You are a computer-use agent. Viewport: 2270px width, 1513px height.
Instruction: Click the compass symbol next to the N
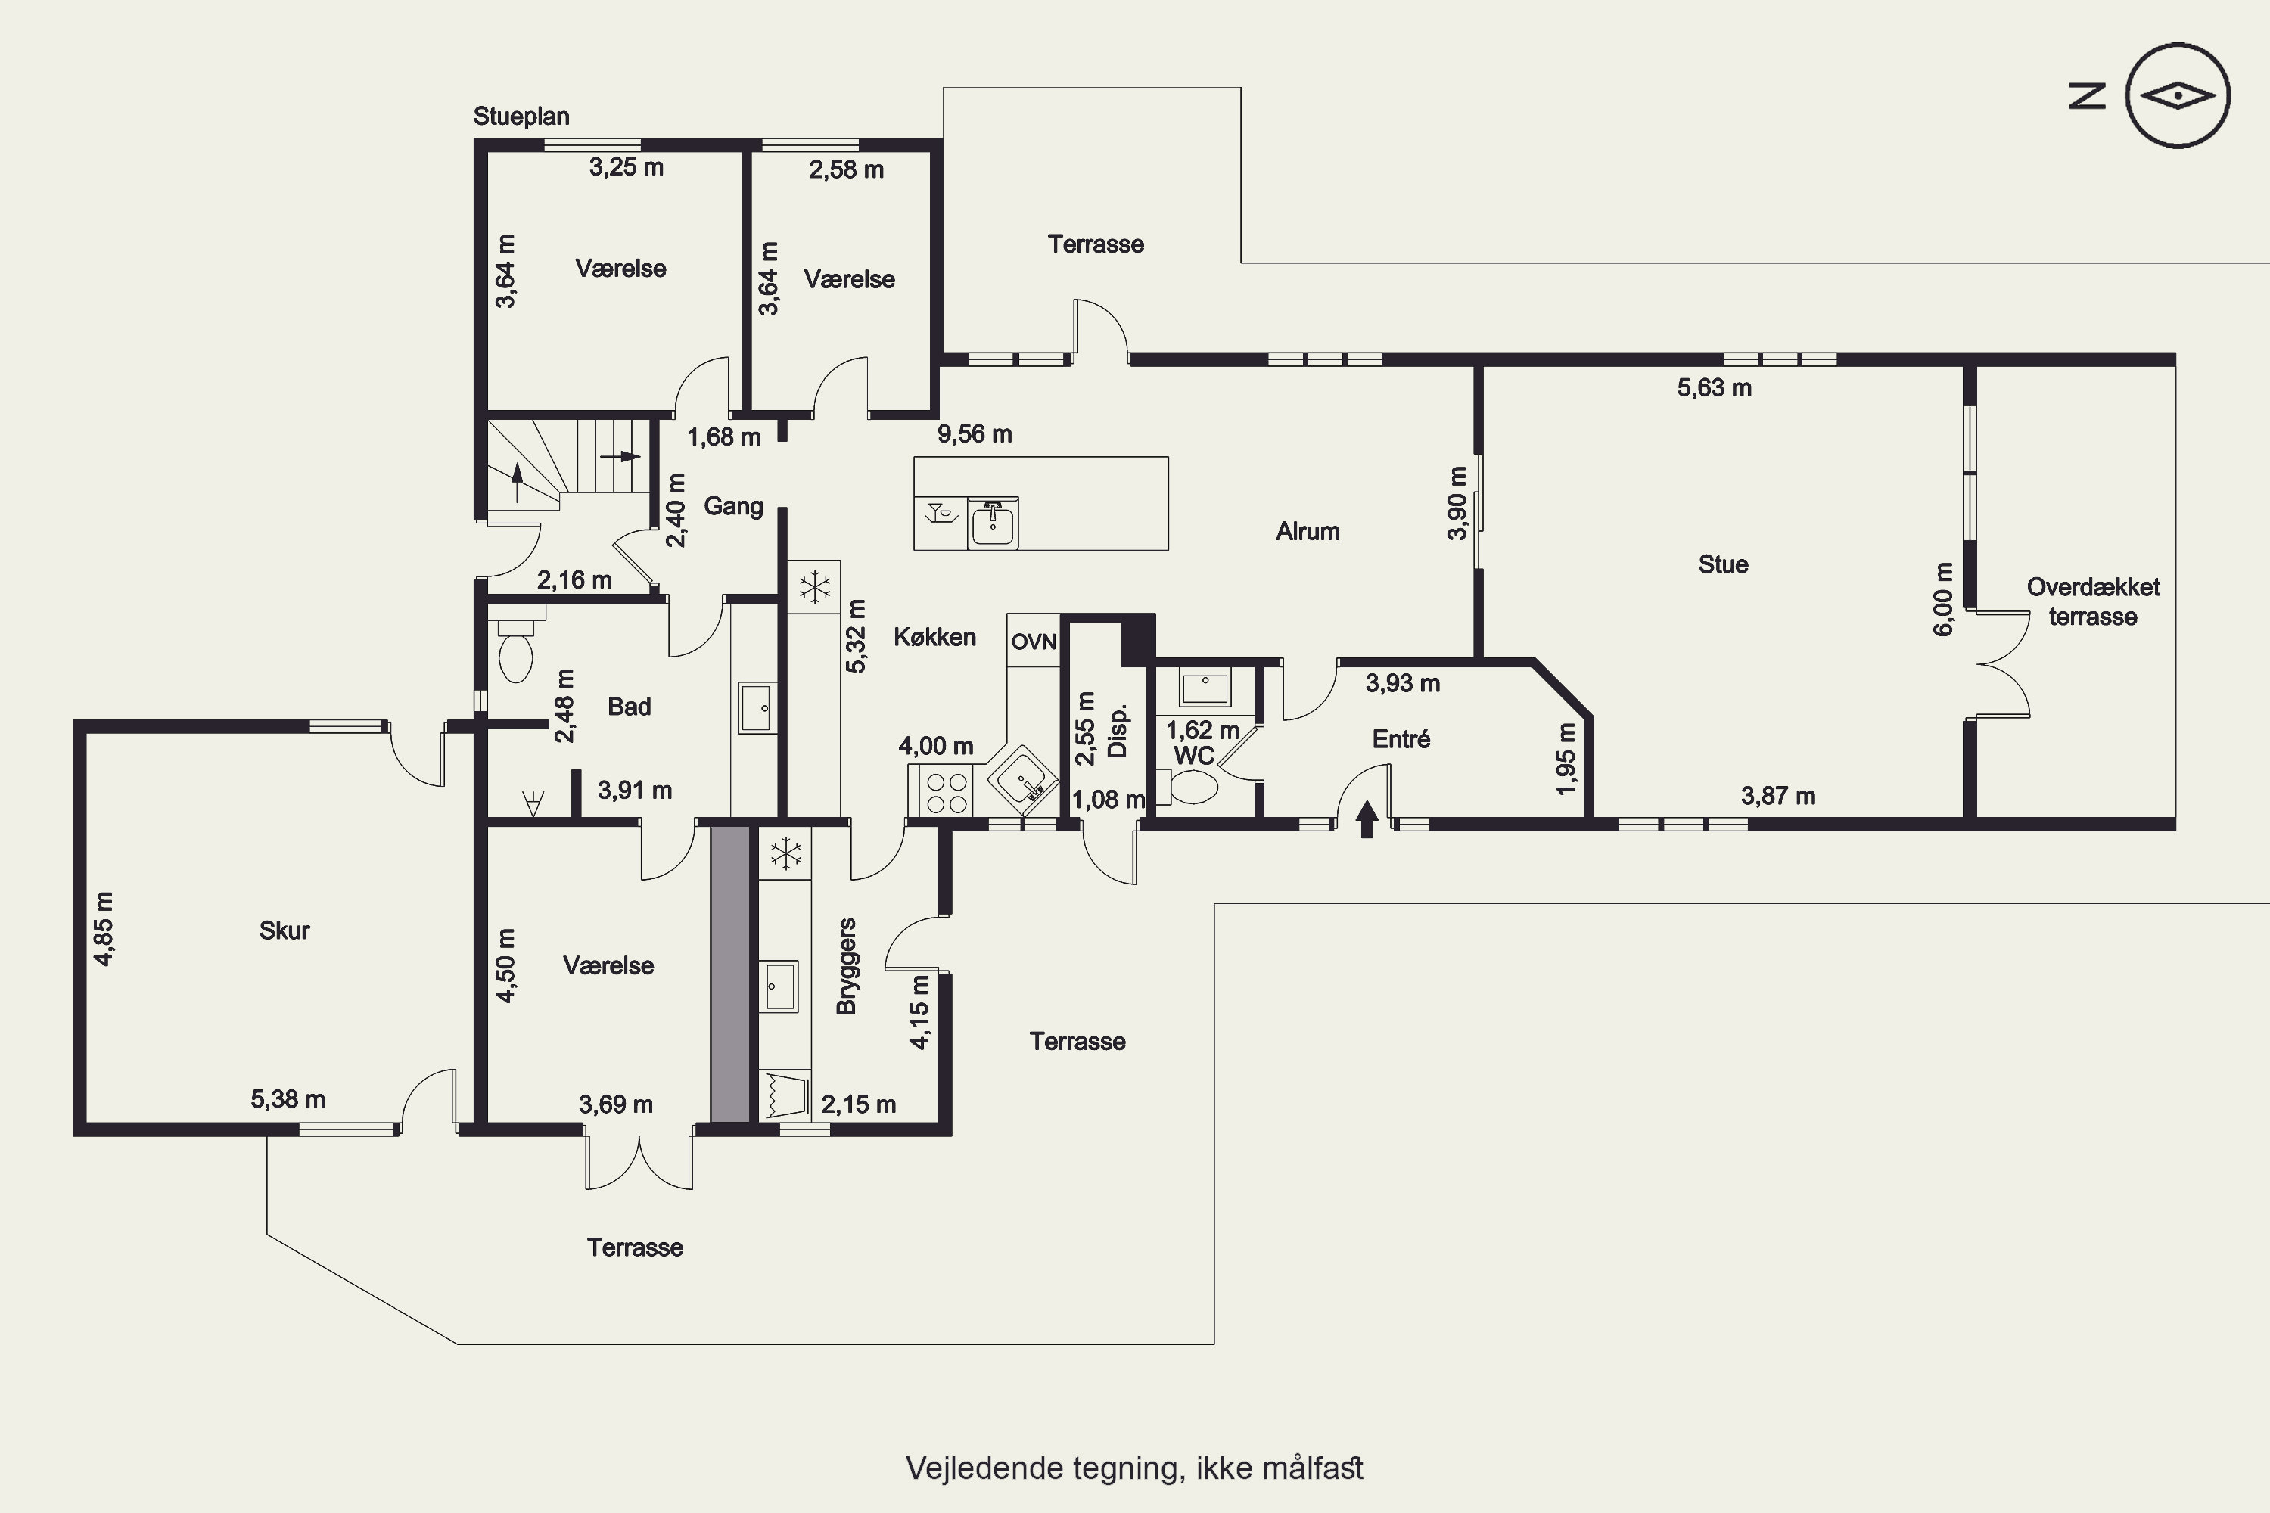tap(2178, 95)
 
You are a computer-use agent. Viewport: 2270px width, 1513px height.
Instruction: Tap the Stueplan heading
tap(521, 117)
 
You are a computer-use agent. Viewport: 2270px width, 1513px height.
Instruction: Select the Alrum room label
tap(1308, 532)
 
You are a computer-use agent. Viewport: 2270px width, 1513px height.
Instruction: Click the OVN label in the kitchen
tap(1034, 642)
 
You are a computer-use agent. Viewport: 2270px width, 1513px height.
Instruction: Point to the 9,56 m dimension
tap(975, 434)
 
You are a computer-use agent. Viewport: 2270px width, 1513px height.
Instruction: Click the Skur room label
tap(285, 930)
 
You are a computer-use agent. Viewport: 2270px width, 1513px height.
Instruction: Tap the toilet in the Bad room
tap(515, 649)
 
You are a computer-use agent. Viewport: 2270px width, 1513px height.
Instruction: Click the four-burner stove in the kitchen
tap(946, 791)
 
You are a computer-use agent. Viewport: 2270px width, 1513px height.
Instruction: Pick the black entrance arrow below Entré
tap(1367, 819)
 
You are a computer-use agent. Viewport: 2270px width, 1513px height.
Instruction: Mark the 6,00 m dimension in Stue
tap(1944, 599)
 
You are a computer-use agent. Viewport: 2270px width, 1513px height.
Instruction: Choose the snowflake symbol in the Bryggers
tap(785, 853)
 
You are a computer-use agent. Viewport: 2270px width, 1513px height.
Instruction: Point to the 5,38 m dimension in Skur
tap(288, 1099)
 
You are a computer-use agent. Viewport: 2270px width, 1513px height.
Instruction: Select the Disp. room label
tap(1118, 732)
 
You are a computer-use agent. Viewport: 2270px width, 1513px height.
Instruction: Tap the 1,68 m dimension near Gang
tap(724, 437)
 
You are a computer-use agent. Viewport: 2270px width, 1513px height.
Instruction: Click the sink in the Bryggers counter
tap(778, 985)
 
